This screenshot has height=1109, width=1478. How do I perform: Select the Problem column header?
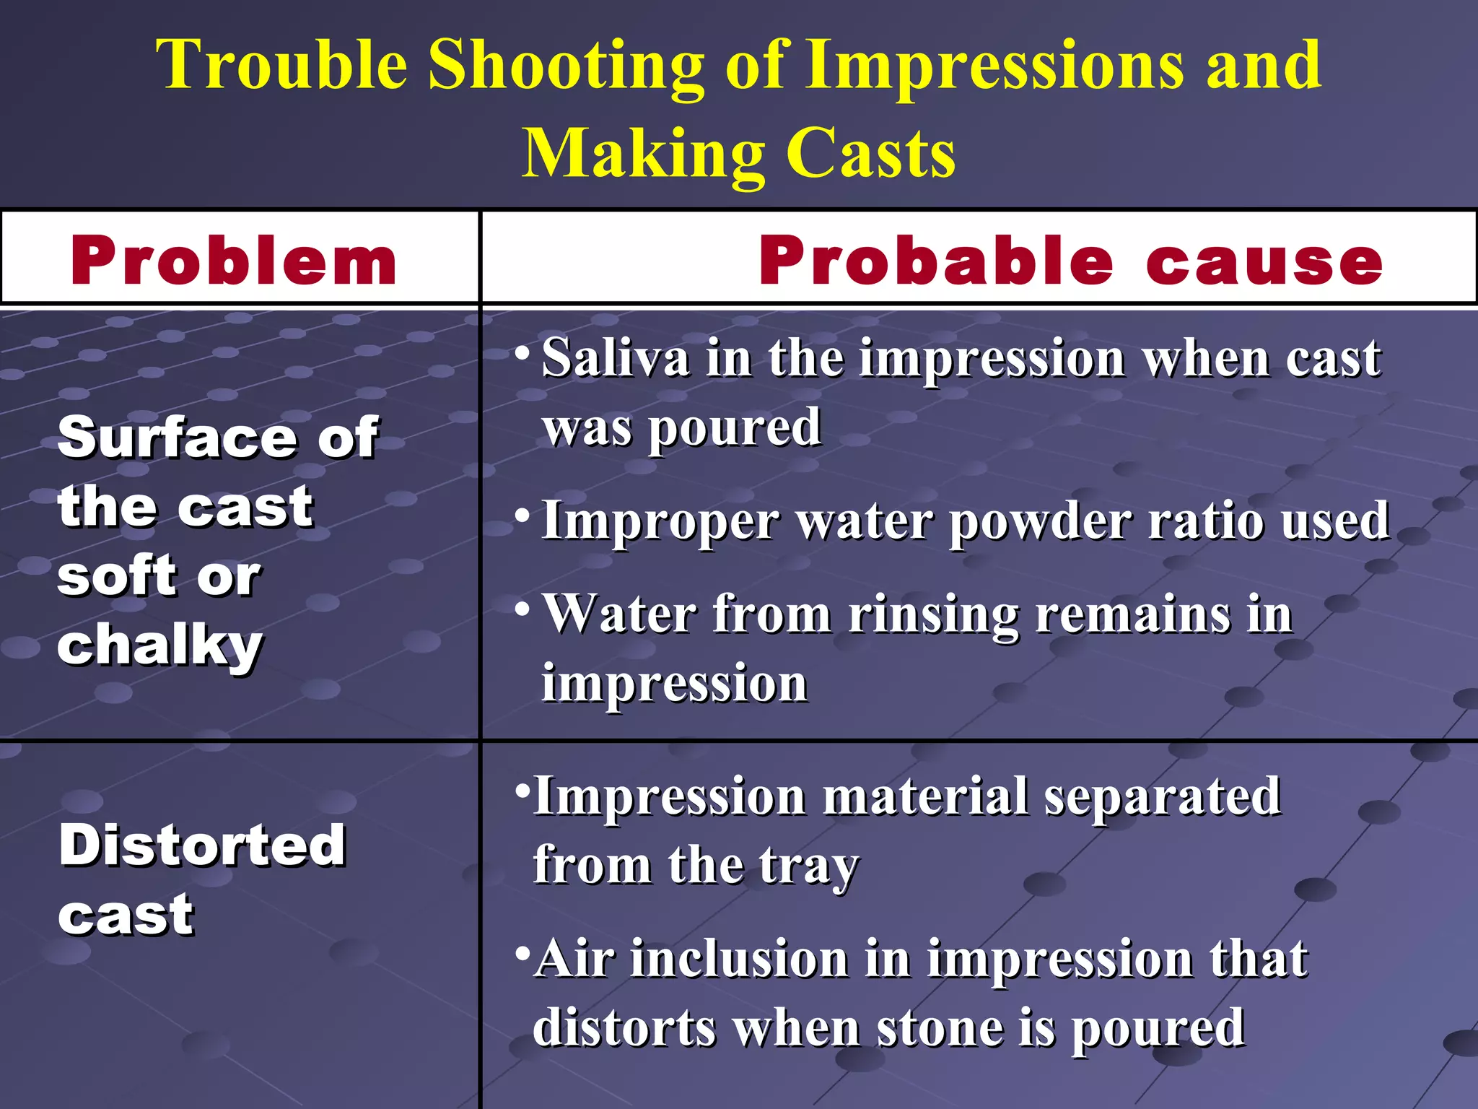pyautogui.click(x=234, y=261)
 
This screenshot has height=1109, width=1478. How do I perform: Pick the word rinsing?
pyautogui.click(x=934, y=616)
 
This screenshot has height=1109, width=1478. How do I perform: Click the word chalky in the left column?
pyautogui.click(x=160, y=645)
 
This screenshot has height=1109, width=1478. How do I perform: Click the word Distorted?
pyautogui.click(x=203, y=845)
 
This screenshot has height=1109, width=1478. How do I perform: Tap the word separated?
pyautogui.click(x=1163, y=796)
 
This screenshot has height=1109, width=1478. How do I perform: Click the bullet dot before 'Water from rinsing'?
pyautogui.click(x=522, y=609)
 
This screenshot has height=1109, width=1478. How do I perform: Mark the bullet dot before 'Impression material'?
pyautogui.click(x=522, y=788)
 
